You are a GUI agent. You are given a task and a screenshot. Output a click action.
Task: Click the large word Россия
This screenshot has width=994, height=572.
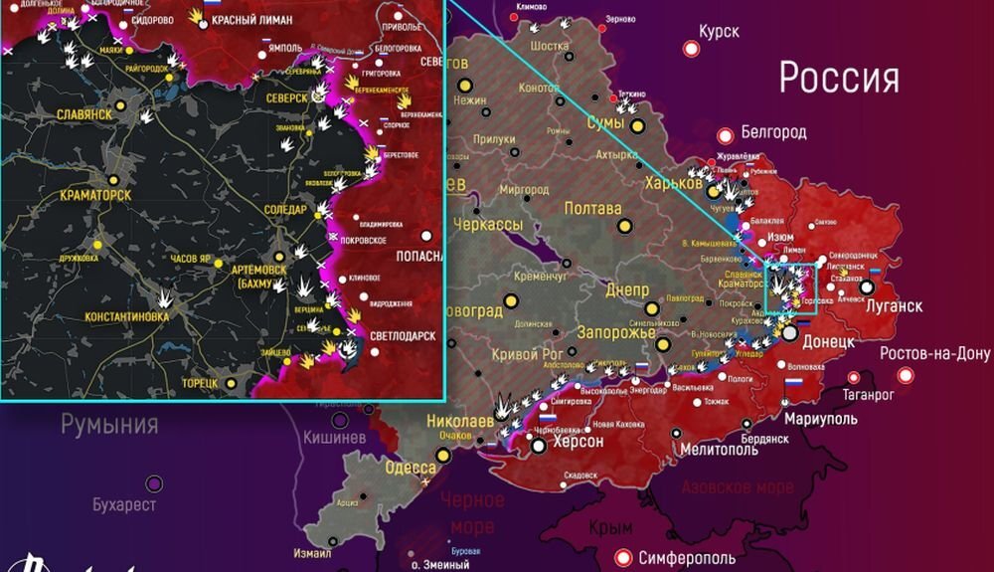coord(839,77)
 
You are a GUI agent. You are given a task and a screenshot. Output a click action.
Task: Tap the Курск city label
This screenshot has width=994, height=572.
coord(719,32)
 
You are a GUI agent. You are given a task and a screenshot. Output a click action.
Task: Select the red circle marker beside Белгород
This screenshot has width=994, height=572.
coord(726,132)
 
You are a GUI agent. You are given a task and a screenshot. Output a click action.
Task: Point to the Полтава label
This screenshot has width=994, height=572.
coord(592,209)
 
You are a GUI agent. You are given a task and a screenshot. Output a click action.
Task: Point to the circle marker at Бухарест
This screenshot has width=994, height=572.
coord(154,483)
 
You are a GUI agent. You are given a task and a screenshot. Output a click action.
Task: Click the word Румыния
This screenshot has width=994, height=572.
coord(109,425)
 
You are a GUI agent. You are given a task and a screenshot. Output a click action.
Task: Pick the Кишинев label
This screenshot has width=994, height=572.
coord(335,437)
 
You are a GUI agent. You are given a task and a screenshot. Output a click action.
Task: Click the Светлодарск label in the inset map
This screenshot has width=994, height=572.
coord(403,336)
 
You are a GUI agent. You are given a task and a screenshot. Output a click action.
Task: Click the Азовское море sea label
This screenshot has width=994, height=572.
coord(738,487)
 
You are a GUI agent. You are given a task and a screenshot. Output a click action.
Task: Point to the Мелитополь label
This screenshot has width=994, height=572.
coord(721,449)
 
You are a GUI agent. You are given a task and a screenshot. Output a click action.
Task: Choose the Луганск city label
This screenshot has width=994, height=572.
coord(894,306)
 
